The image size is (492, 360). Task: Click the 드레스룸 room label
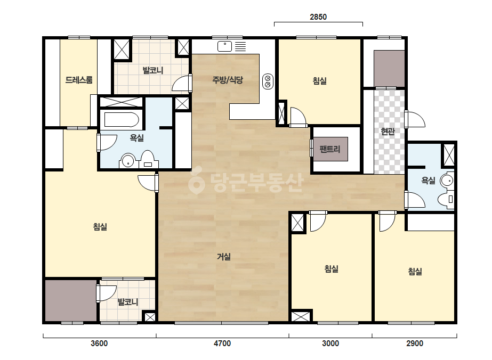(x=79, y=80)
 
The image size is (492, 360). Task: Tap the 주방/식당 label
(x=228, y=80)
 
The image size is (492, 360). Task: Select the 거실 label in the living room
(x=224, y=257)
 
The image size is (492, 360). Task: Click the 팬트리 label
(x=330, y=149)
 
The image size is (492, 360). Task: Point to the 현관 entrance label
(x=388, y=131)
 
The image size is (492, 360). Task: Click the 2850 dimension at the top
(x=318, y=17)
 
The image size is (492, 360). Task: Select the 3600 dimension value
(x=99, y=343)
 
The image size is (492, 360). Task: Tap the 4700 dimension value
(x=222, y=343)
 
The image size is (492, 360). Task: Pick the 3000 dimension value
(x=330, y=343)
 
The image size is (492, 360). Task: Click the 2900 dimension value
(x=415, y=343)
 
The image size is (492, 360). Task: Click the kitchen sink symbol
(x=224, y=46)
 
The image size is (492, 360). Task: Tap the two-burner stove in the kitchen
(x=268, y=81)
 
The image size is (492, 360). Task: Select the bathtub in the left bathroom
(x=122, y=119)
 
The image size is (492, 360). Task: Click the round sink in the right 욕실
(x=447, y=181)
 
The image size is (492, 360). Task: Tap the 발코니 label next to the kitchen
(x=153, y=70)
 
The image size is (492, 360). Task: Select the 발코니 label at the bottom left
(x=128, y=302)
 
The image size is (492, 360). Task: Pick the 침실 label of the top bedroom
(x=319, y=81)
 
